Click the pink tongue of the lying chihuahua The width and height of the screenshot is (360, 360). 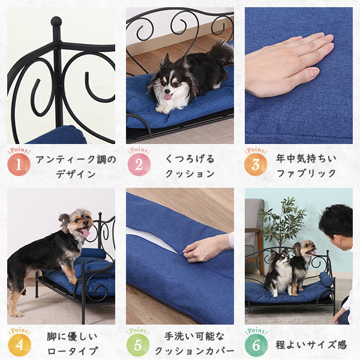click(x=168, y=97)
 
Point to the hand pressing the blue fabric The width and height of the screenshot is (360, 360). click(x=287, y=64)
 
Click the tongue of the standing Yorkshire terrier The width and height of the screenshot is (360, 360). click(x=86, y=233)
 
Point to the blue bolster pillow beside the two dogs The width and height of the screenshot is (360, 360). click(x=325, y=279)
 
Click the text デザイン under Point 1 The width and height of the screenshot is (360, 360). click(x=76, y=174)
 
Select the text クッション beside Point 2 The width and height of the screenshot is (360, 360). click(x=190, y=173)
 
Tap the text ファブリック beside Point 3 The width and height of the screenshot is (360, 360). click(x=306, y=173)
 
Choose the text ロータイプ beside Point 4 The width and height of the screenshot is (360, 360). click(x=73, y=351)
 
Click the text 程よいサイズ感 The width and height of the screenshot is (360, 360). click(x=311, y=344)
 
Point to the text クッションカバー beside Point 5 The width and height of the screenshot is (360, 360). click(x=194, y=351)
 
